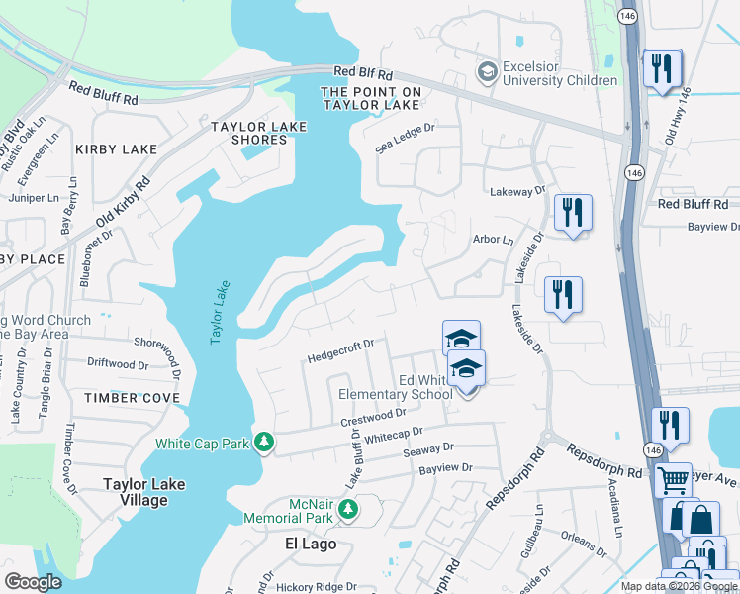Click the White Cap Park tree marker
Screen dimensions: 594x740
click(264, 442)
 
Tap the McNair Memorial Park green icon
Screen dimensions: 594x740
click(347, 509)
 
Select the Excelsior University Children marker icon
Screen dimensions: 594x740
click(487, 72)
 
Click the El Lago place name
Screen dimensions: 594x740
click(311, 544)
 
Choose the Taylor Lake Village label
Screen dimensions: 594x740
click(137, 492)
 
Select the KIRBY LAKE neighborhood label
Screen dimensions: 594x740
click(116, 149)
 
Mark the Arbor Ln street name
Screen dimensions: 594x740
click(494, 240)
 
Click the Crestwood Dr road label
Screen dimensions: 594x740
click(374, 419)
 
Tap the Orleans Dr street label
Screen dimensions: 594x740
click(578, 544)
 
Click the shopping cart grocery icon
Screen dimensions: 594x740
click(673, 480)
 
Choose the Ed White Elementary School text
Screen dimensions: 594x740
click(424, 387)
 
